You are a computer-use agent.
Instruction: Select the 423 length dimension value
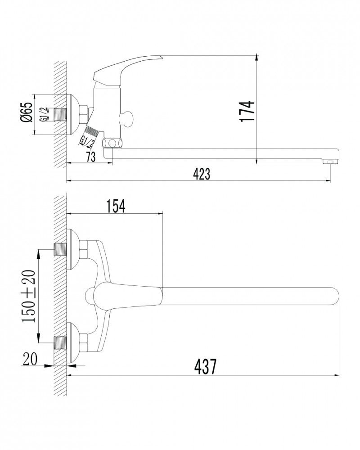click(202, 174)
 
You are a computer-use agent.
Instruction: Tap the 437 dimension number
click(205, 366)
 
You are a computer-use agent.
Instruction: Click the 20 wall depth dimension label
click(30, 359)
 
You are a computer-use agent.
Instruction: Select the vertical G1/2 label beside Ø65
click(44, 114)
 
